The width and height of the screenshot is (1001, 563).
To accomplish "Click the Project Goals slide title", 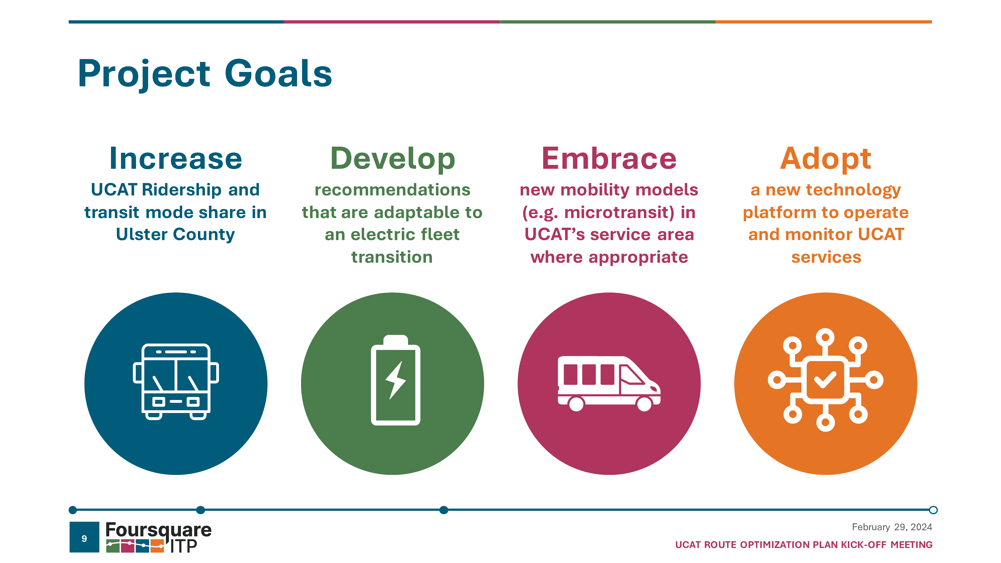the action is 205,74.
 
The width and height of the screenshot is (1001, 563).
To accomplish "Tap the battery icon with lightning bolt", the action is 396,380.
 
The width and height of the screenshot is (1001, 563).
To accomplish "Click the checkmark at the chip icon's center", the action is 825,380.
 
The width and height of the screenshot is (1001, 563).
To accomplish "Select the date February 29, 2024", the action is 892,527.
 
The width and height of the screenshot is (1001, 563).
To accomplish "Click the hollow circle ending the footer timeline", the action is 933,510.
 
